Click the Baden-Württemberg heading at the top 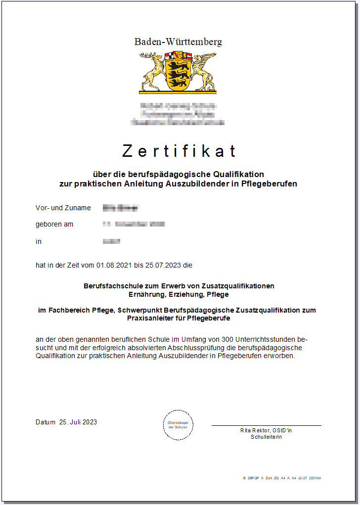pyautogui.click(x=178, y=42)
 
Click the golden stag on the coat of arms pyautogui.click(x=153, y=72)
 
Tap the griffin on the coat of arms pyautogui.click(x=203, y=71)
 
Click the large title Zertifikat pyautogui.click(x=179, y=151)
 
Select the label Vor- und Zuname pyautogui.click(x=63, y=208)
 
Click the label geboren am pyautogui.click(x=54, y=224)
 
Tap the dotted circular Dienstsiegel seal pyautogui.click(x=178, y=424)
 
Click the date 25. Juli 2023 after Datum pyautogui.click(x=78, y=422)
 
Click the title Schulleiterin pyautogui.click(x=266, y=437)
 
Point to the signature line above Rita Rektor pyautogui.click(x=266, y=425)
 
